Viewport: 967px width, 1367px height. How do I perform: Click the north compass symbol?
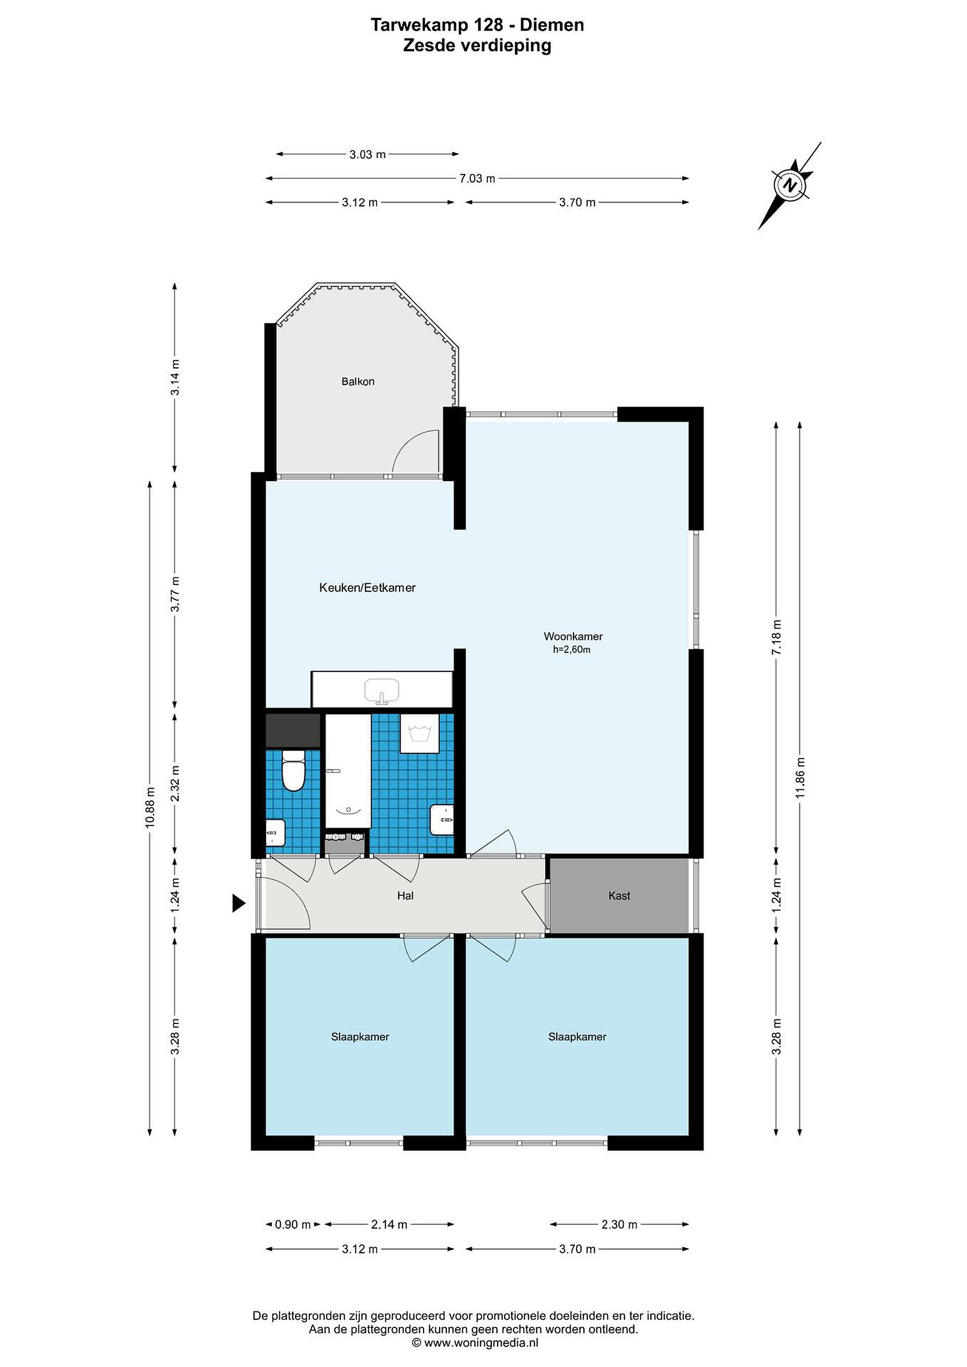point(789,185)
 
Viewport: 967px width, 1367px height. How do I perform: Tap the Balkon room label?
point(358,382)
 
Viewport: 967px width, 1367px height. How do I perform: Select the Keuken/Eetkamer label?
point(367,588)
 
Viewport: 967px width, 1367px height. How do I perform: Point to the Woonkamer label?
point(573,637)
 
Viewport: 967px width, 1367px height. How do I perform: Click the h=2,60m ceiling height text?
point(572,650)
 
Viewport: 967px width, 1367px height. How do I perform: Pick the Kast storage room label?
point(619,896)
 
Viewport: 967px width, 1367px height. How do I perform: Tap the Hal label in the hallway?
point(405,896)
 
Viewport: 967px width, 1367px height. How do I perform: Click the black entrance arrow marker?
point(239,904)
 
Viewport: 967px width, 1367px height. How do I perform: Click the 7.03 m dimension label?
point(478,178)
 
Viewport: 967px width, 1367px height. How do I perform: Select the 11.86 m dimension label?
point(800,777)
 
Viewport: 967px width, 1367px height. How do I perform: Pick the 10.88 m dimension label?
point(150,807)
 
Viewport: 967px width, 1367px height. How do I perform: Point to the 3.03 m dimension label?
point(367,155)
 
